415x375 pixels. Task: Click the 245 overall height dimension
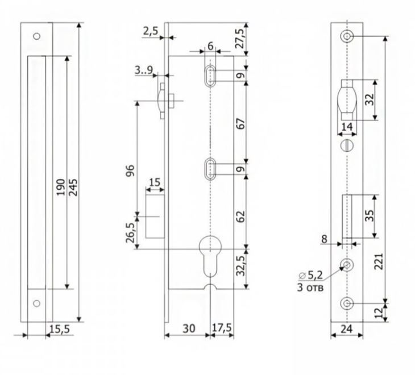tap(73, 188)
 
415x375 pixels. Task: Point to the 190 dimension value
tap(61, 188)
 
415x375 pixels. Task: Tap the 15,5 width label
tap(60, 329)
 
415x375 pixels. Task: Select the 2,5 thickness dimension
tap(151, 31)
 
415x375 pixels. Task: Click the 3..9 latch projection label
tap(144, 70)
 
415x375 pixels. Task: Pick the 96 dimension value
tap(131, 170)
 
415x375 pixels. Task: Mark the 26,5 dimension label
tap(130, 233)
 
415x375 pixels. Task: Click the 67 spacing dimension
tap(240, 123)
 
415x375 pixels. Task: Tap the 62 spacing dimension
tap(240, 216)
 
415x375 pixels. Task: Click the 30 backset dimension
tap(189, 328)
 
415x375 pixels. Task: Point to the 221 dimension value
tap(379, 261)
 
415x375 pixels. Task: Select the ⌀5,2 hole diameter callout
tap(311, 276)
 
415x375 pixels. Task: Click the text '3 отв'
tap(310, 287)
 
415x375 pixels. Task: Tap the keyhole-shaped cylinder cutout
tap(210, 256)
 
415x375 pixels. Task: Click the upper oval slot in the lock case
tap(210, 76)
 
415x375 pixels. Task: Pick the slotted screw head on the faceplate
tap(347, 145)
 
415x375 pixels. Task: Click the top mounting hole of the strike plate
tap(36, 36)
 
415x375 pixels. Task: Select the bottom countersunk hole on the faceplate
tap(347, 303)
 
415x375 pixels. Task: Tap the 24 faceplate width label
tap(347, 329)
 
